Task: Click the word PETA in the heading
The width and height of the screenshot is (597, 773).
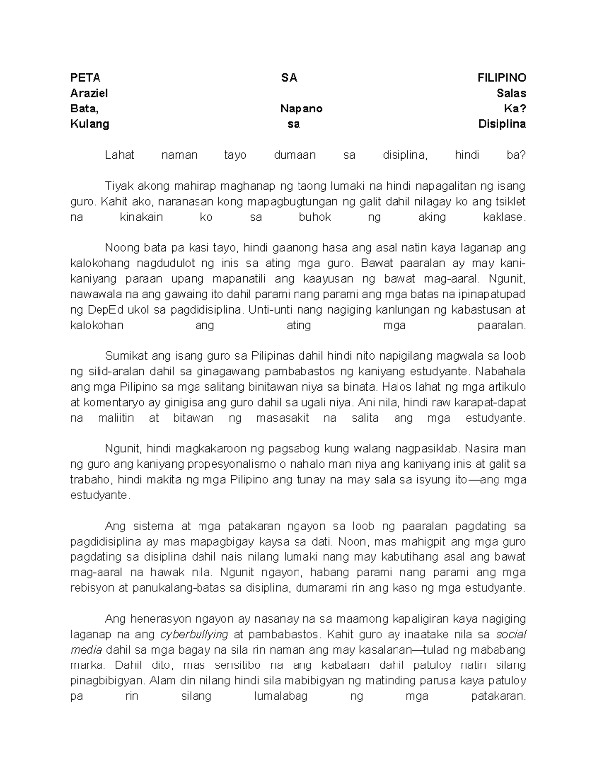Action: [85, 78]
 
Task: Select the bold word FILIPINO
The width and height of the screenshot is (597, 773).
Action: [501, 78]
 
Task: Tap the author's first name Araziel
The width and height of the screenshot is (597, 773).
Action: [89, 93]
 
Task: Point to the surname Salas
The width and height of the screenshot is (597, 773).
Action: [511, 93]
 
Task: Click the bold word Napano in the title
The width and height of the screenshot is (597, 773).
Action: [301, 109]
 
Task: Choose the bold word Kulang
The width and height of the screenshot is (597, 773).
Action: [90, 124]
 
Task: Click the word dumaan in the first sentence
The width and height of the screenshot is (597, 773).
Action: [295, 155]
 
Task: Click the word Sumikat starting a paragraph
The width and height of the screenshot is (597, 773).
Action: [127, 356]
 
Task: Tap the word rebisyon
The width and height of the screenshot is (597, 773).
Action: [92, 588]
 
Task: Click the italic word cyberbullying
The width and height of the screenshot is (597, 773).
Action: [194, 634]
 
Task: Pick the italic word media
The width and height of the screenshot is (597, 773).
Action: [86, 650]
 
